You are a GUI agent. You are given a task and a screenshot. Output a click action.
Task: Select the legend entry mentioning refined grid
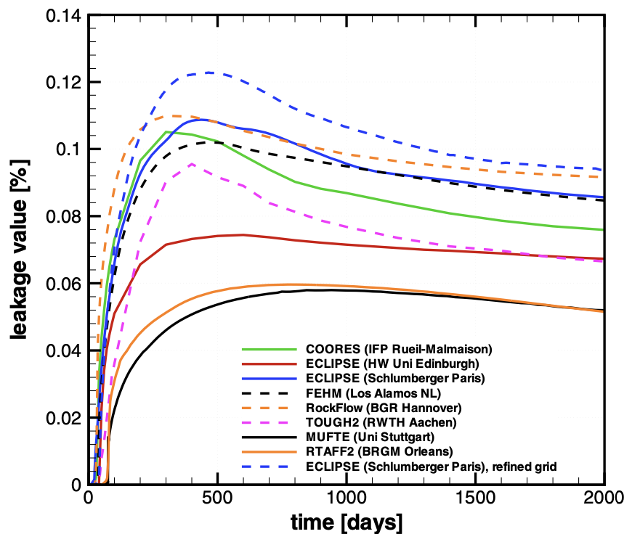click(431, 466)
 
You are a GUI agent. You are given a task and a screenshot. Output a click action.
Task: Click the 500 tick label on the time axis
click(217, 498)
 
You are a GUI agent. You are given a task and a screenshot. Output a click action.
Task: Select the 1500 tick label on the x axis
click(475, 498)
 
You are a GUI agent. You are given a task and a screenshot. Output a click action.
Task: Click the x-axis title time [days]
click(347, 522)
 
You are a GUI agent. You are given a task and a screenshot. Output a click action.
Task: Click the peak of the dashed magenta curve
click(192, 164)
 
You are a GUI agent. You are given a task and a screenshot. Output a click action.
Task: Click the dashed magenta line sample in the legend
click(270, 422)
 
